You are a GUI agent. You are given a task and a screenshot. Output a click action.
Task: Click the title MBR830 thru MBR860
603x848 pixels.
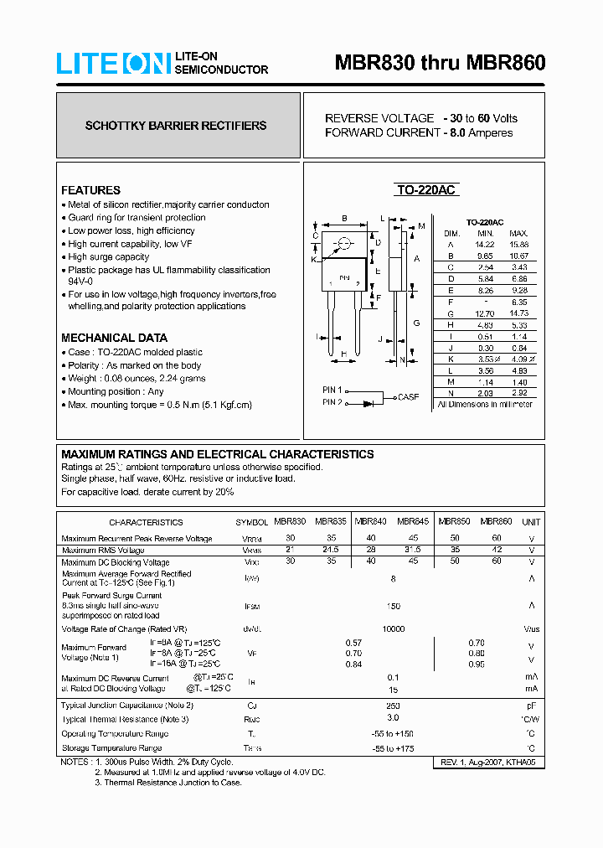click(440, 64)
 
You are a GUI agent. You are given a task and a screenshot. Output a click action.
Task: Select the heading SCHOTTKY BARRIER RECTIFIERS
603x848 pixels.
click(176, 126)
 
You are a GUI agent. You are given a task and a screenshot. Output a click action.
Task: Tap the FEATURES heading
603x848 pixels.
click(90, 190)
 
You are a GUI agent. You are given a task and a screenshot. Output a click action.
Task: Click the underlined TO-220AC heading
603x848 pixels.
click(425, 190)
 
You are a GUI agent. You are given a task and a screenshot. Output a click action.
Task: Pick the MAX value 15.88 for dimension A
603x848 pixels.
click(518, 244)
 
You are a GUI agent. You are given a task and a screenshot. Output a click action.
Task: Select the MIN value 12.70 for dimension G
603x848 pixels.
click(486, 313)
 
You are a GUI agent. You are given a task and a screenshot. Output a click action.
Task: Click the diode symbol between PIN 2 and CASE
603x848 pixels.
click(369, 403)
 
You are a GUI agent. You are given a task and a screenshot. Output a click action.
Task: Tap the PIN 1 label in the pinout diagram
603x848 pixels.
click(332, 390)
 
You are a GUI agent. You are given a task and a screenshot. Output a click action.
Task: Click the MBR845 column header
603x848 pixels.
click(413, 520)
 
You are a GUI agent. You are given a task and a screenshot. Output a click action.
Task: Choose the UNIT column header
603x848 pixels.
click(531, 521)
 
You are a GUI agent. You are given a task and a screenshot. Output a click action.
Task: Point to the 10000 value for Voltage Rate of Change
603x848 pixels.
click(394, 628)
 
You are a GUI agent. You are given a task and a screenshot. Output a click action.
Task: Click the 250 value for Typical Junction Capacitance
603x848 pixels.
click(394, 706)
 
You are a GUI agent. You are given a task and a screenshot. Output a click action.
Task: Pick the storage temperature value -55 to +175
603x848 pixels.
click(394, 747)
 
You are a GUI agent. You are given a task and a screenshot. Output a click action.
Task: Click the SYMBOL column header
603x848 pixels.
click(252, 521)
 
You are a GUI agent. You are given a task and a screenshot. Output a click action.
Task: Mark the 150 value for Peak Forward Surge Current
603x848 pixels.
click(394, 606)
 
